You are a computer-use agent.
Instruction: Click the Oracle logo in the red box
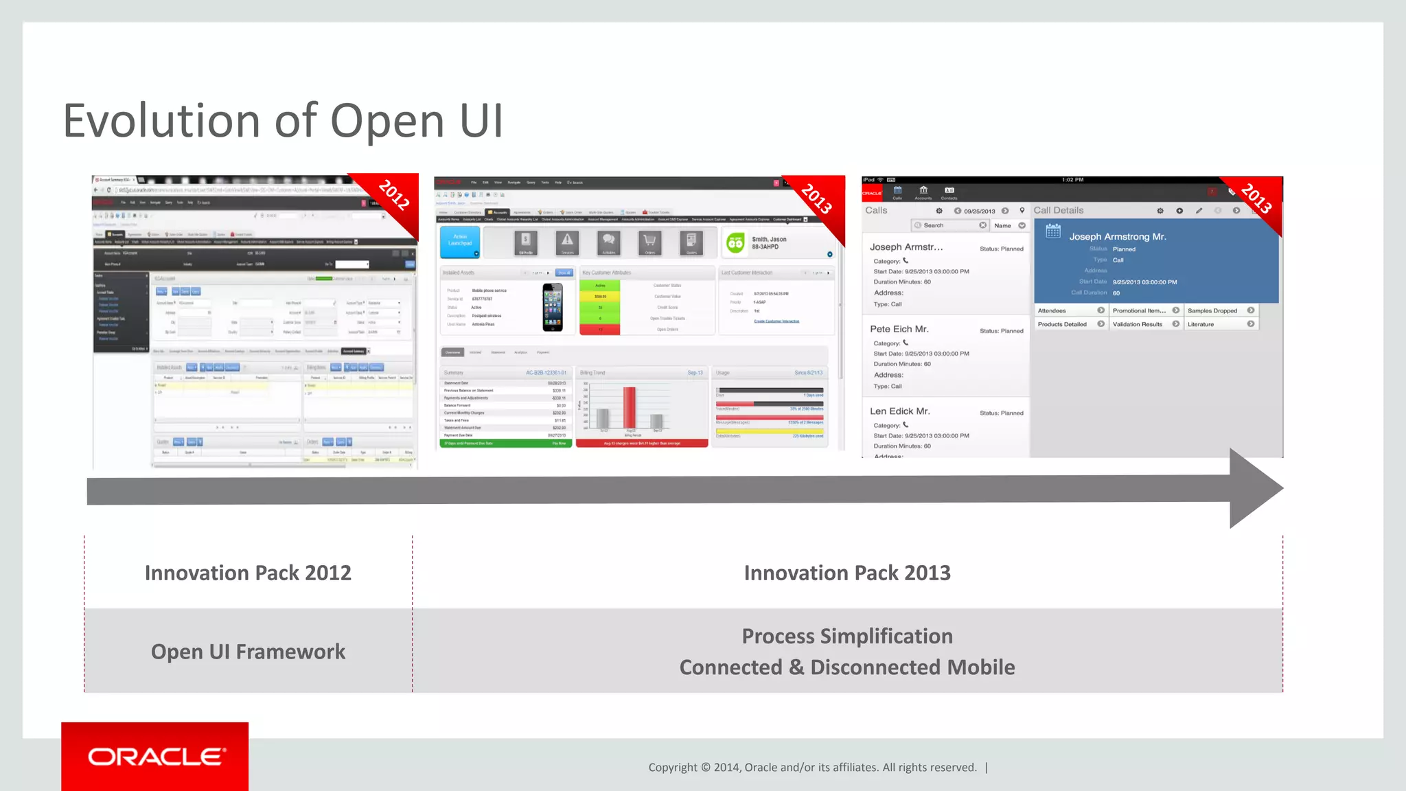click(x=156, y=757)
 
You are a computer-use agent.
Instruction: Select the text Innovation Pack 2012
click(x=248, y=573)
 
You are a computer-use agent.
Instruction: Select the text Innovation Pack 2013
click(x=847, y=573)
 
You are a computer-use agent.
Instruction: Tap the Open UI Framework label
click(x=248, y=652)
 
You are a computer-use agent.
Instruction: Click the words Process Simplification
click(x=847, y=637)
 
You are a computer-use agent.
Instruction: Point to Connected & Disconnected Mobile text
click(x=847, y=667)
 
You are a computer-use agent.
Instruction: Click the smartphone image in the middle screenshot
click(x=553, y=307)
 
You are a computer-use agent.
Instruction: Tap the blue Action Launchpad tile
click(x=460, y=242)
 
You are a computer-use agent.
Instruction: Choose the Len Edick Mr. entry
click(x=899, y=411)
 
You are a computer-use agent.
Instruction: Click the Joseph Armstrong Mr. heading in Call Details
click(x=1117, y=237)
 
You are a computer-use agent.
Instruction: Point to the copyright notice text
click(x=812, y=768)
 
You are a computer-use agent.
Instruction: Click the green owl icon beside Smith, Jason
click(x=735, y=243)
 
